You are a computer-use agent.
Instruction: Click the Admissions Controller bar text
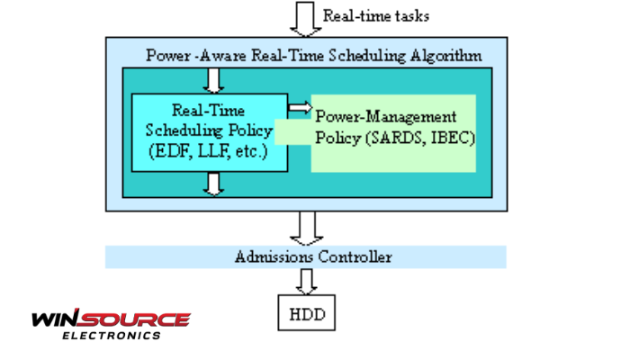pyautogui.click(x=313, y=257)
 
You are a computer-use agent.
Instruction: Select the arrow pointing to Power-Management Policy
pyautogui.click(x=299, y=107)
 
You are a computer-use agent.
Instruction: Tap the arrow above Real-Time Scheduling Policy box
pyautogui.click(x=213, y=81)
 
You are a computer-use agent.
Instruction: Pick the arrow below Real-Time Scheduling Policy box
pyautogui.click(x=213, y=184)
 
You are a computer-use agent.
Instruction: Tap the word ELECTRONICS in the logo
pyautogui.click(x=112, y=336)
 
